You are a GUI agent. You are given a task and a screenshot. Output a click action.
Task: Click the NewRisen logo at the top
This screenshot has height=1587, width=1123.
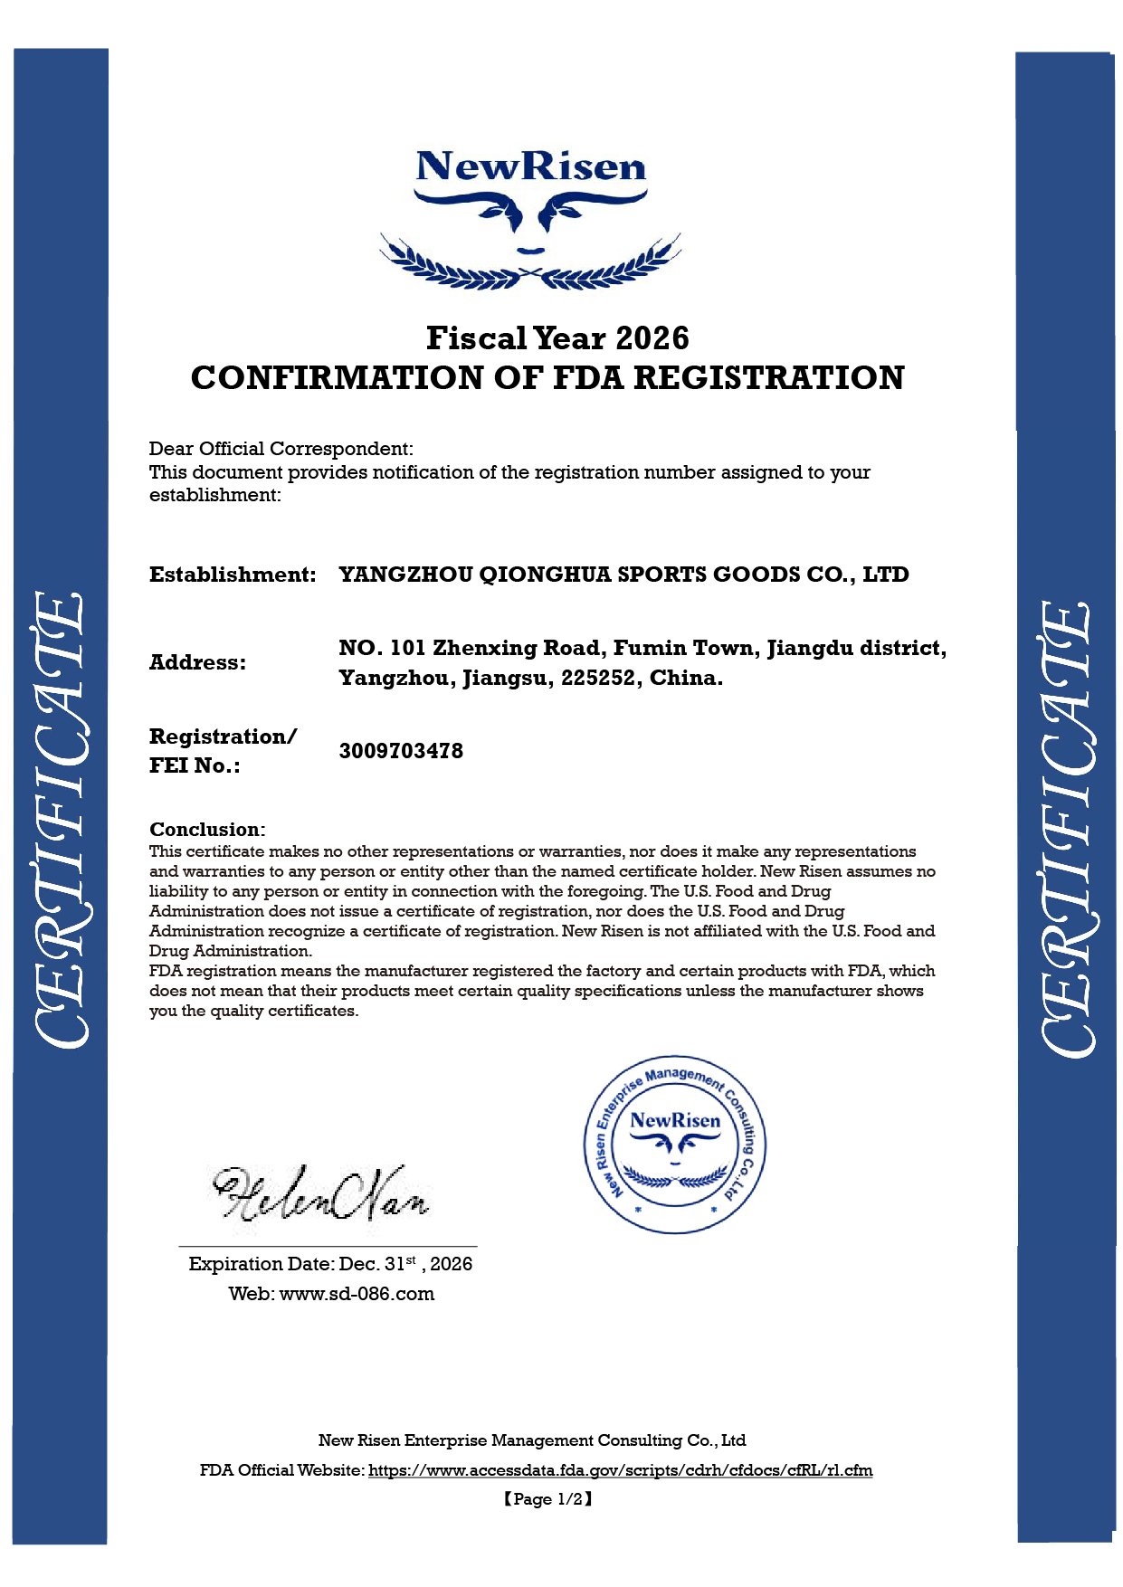tap(530, 217)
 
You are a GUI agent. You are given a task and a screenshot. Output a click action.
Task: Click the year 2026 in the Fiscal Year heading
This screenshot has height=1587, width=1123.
tap(652, 338)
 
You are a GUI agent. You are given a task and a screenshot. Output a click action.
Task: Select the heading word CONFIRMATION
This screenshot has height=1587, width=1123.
tap(337, 378)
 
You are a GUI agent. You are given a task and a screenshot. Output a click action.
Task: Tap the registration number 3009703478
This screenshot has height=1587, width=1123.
tap(401, 751)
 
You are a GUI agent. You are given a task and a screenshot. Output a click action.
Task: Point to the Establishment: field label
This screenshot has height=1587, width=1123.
tap(233, 575)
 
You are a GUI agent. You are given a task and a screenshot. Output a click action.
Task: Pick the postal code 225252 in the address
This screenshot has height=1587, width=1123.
tap(598, 678)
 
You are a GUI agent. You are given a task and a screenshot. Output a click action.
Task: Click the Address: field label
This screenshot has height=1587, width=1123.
tap(197, 662)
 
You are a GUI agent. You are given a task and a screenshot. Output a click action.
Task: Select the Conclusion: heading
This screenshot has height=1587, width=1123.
tap(207, 829)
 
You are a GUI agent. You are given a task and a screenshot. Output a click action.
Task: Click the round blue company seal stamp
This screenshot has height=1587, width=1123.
tap(675, 1145)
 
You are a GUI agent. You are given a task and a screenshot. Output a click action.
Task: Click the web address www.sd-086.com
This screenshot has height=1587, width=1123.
tap(357, 1294)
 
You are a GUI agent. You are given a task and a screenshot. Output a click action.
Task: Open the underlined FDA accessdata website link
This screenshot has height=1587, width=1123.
tap(620, 1470)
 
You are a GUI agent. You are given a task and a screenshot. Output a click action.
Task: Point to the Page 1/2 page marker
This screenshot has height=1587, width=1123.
tap(548, 1499)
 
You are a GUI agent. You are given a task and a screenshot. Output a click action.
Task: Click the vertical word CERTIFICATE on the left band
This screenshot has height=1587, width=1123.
tap(61, 820)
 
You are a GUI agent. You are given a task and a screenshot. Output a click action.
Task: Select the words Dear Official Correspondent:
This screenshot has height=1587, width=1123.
tap(281, 449)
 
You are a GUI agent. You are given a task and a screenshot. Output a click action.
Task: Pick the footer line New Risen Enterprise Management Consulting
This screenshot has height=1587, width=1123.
tap(531, 1440)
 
